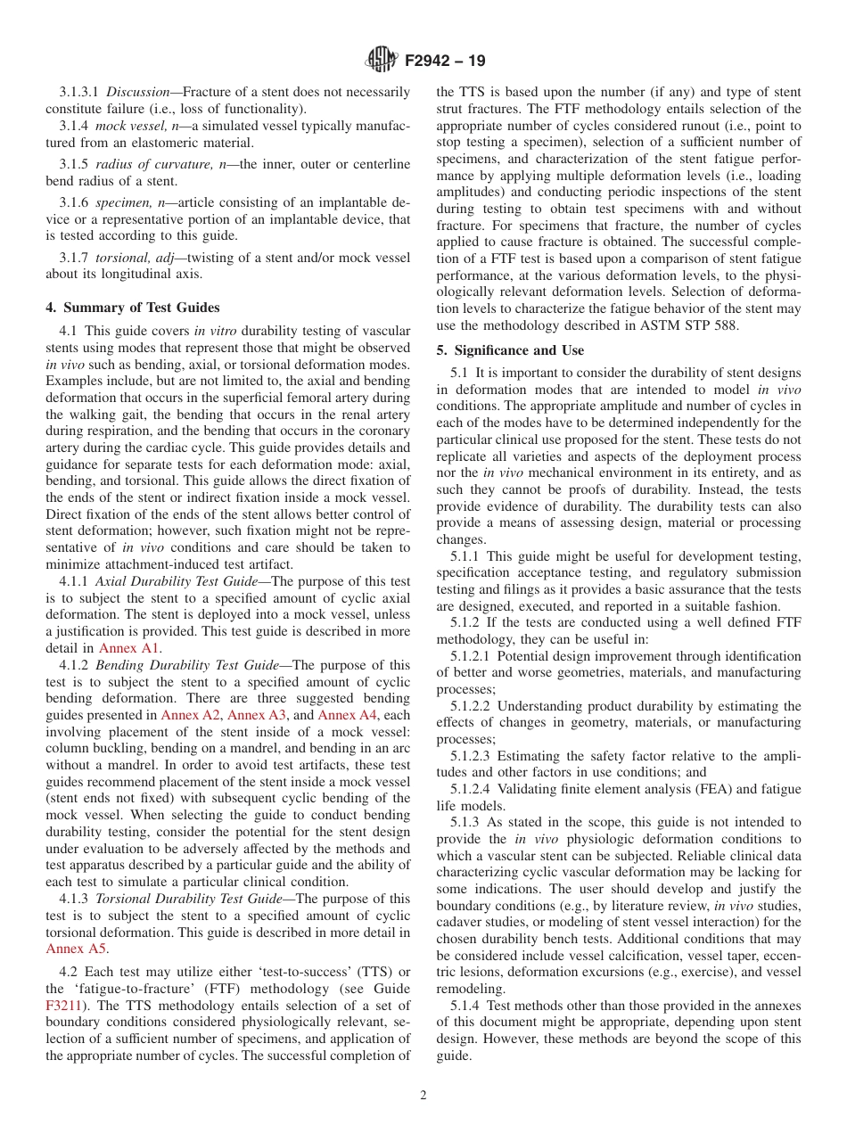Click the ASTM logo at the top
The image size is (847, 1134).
click(382, 62)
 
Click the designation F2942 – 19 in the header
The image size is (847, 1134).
click(445, 62)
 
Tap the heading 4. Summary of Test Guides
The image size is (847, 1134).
click(132, 308)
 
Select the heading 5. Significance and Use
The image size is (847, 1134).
click(510, 350)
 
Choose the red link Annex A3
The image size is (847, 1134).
click(258, 715)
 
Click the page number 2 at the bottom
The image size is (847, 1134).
click(423, 1096)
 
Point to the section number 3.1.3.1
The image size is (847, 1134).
click(79, 92)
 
